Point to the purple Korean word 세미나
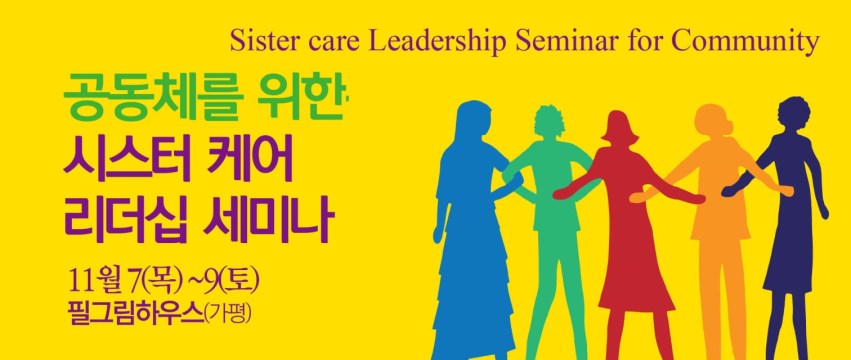(265, 222)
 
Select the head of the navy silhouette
(793, 115)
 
